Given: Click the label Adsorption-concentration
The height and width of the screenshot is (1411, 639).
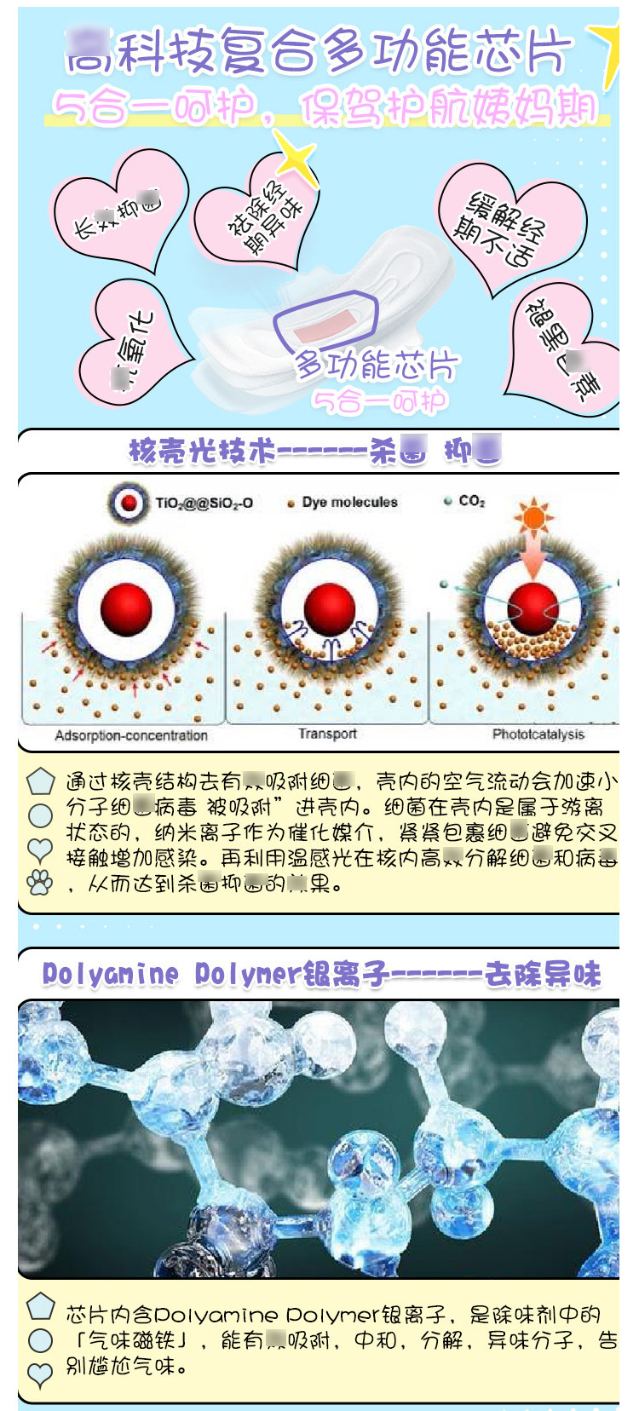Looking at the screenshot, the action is [x=131, y=735].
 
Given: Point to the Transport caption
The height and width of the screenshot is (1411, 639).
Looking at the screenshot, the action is [x=327, y=734].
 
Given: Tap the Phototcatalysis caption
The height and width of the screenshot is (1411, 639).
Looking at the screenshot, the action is [x=538, y=734].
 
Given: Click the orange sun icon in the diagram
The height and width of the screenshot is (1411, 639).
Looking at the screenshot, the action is [x=533, y=515].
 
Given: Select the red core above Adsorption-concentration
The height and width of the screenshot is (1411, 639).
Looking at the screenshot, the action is [x=126, y=608].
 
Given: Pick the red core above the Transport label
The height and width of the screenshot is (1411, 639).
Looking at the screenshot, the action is [x=329, y=608].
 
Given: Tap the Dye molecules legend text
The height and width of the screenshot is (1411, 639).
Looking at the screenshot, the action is [x=349, y=502].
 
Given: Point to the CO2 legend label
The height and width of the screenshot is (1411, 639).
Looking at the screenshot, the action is [x=471, y=501].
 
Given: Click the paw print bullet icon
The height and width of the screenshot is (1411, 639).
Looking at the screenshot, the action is [x=40, y=882].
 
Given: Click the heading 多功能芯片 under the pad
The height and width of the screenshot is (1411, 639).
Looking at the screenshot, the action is [x=376, y=366].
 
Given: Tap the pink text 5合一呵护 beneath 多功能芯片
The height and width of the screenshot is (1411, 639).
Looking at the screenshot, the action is [x=380, y=400].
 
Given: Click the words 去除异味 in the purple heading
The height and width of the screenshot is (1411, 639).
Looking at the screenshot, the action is [x=543, y=974].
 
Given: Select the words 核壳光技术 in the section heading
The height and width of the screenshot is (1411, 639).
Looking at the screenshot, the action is [x=202, y=450].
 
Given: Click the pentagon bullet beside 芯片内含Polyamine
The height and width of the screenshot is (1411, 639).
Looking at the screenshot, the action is [x=40, y=1306].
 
